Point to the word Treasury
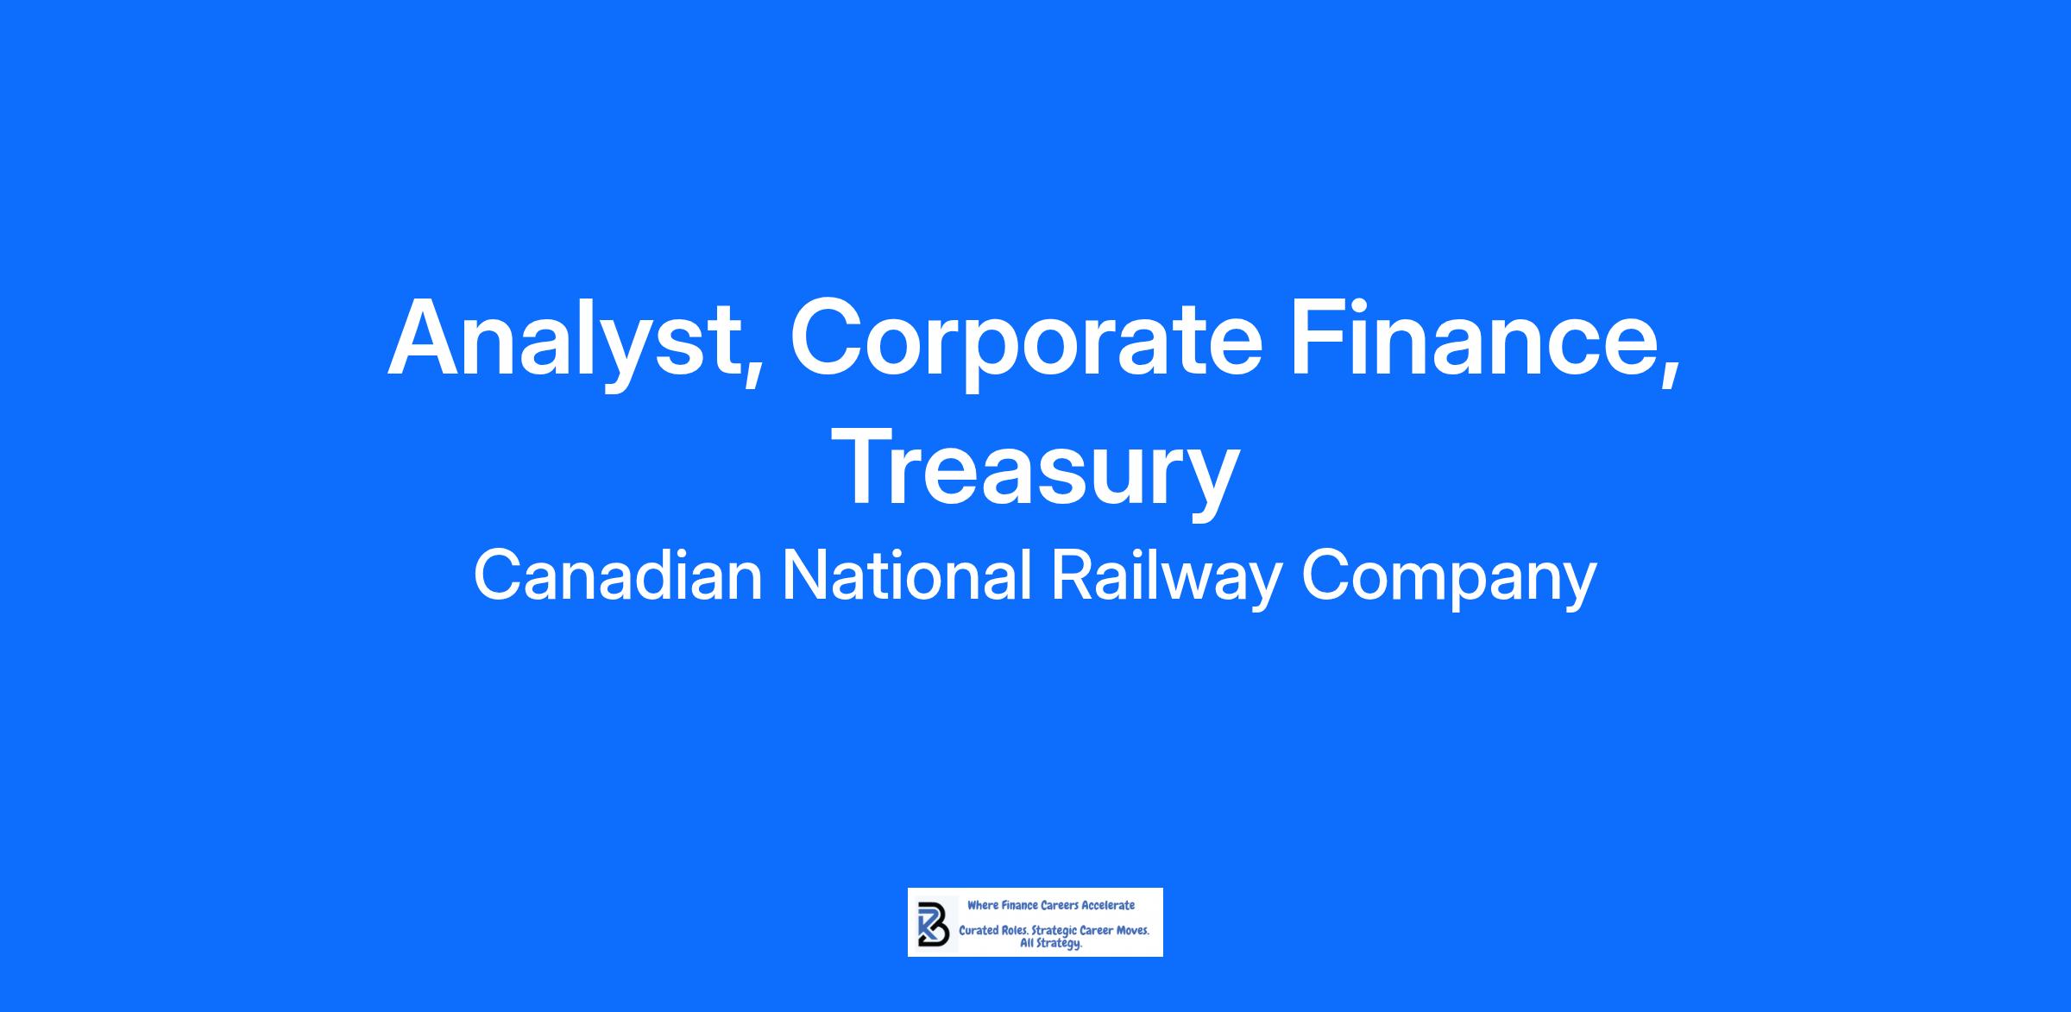(x=1035, y=470)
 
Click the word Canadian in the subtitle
(x=618, y=576)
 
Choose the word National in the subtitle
(x=906, y=576)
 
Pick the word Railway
(x=1166, y=580)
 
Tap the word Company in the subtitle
(x=1449, y=580)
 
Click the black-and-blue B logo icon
(x=932, y=924)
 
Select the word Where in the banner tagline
(x=982, y=905)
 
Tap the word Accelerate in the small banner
(x=1108, y=905)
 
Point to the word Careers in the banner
(x=1060, y=905)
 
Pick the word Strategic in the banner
(x=1054, y=933)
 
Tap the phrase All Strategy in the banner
(x=1051, y=944)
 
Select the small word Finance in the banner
(x=1019, y=905)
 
